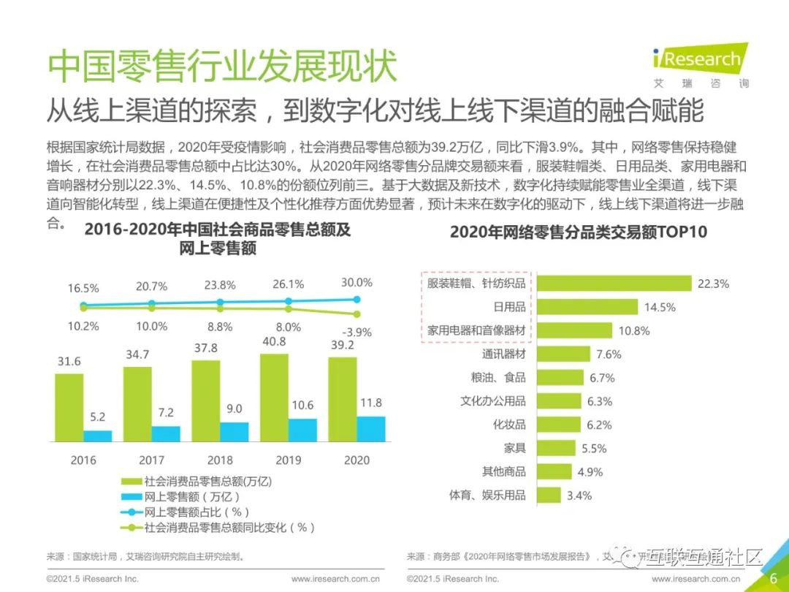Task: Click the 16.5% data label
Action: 83,288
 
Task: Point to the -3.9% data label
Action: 357,332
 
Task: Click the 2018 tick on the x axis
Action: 220,460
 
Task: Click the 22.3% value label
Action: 713,284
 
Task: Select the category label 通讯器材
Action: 503,354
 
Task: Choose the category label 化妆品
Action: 509,425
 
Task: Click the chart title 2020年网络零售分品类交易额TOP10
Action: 578,232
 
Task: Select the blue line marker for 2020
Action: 357,299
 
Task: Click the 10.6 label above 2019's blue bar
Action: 301,405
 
